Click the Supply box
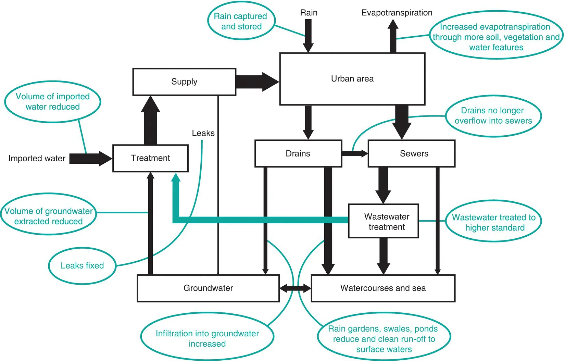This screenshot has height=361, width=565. (184, 82)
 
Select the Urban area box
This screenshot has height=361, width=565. (352, 79)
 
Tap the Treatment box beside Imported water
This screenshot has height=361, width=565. (150, 158)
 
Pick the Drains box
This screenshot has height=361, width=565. (298, 153)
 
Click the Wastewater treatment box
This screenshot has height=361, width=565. (384, 221)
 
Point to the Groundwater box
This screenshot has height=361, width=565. (208, 288)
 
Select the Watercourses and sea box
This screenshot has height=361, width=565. (383, 288)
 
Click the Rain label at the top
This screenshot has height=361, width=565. (309, 13)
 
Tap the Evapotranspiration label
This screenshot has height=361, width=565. (397, 13)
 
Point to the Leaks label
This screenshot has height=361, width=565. (203, 133)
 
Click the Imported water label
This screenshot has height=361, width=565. (37, 158)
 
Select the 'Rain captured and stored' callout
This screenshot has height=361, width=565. (241, 21)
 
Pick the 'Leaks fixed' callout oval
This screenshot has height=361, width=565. (82, 266)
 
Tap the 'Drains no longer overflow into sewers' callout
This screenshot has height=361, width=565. (493, 116)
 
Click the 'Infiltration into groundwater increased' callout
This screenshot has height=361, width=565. (207, 338)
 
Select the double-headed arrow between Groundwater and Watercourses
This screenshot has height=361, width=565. (295, 288)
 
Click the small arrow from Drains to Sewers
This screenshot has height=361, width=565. (355, 153)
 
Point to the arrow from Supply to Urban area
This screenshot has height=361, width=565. (257, 82)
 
